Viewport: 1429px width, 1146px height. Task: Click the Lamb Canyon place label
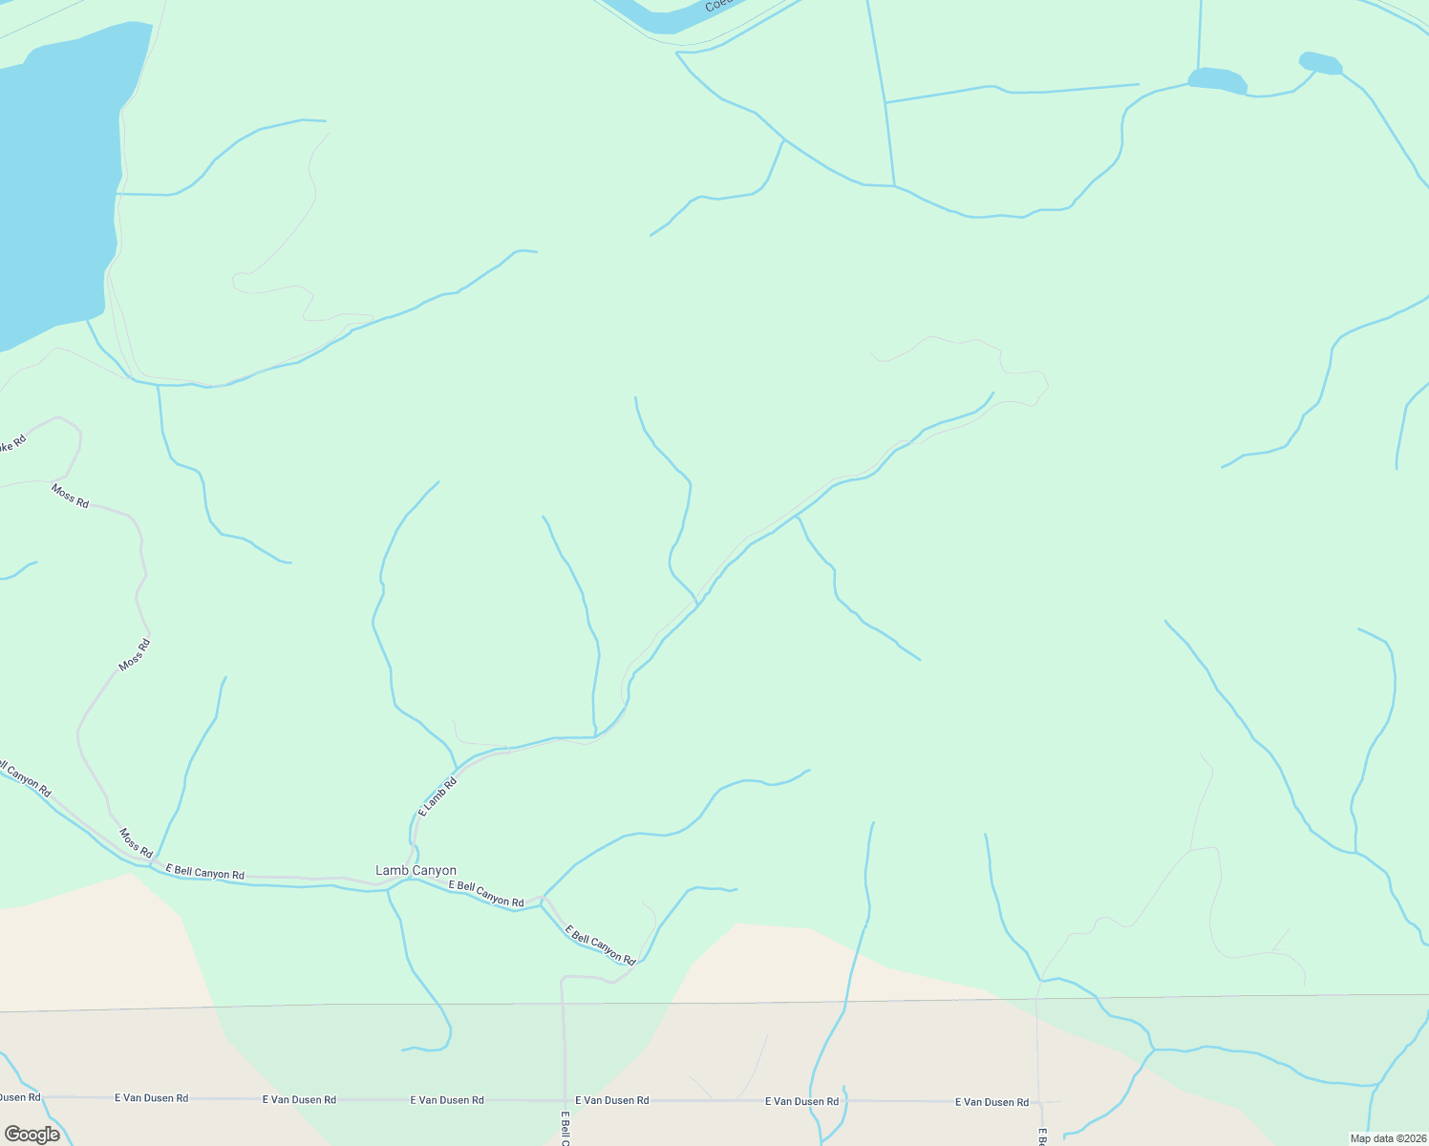416,871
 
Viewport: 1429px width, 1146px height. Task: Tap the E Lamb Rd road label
438,797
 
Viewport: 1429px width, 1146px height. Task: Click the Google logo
32,1134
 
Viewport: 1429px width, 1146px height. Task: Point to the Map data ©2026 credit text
1386,1138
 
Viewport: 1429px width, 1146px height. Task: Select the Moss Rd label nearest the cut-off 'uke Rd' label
70,496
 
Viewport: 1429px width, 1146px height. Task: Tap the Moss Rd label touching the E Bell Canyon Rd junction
136,842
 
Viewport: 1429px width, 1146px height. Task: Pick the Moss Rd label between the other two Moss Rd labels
134,655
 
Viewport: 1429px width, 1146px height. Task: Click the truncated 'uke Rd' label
11,443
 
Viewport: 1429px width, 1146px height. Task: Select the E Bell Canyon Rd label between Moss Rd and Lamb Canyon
205,873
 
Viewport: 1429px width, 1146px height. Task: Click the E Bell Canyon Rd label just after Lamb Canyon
487,894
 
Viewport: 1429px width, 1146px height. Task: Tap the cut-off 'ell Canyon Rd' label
25,778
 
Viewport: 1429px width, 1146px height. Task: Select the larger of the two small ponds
1217,80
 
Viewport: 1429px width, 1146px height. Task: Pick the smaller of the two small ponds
1321,63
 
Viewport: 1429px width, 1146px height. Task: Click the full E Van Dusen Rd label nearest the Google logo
151,1098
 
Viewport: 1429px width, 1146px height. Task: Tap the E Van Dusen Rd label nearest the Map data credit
992,1102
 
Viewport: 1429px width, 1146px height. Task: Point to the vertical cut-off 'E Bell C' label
565,1128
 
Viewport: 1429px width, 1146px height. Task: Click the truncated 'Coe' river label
717,6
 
